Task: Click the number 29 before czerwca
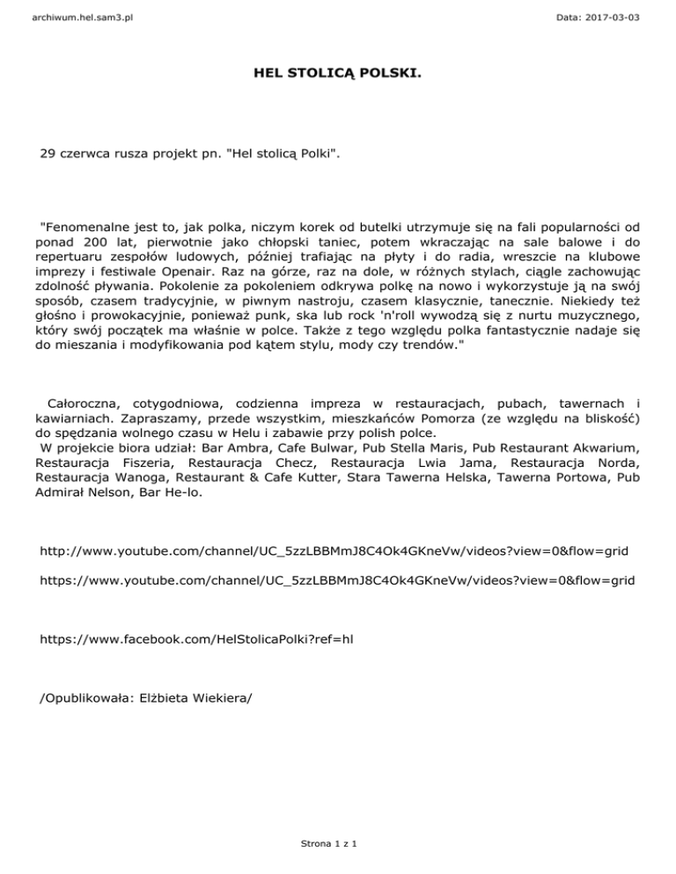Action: pyautogui.click(x=48, y=155)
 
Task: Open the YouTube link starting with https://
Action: pyautogui.click(x=337, y=581)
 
